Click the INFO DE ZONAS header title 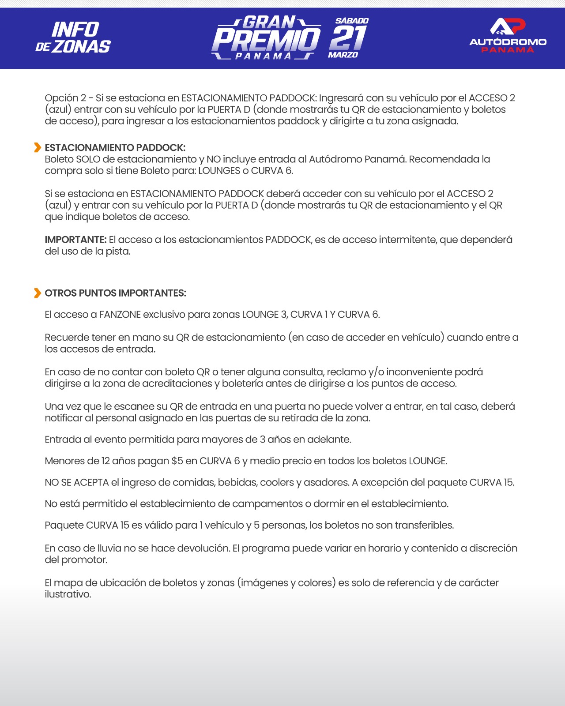pos(73,38)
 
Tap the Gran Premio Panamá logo pos(266,38)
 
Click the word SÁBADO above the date pos(352,21)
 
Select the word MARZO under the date pos(343,55)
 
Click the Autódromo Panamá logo pos(508,35)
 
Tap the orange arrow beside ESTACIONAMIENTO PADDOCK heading pos(38,147)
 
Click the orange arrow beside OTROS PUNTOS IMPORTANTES pos(38,293)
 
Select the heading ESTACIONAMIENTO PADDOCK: pos(115,147)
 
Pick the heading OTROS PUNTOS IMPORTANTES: pos(116,293)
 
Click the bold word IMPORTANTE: pos(75,240)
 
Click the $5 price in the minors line pos(177,461)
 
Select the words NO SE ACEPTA pos(77,482)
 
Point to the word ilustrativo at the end pos(68,594)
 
